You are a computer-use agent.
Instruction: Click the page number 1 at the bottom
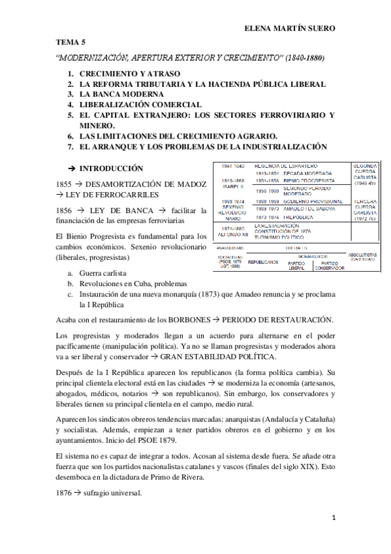pyautogui.click(x=333, y=519)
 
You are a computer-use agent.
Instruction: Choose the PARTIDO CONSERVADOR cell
pyautogui.click(x=330, y=265)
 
